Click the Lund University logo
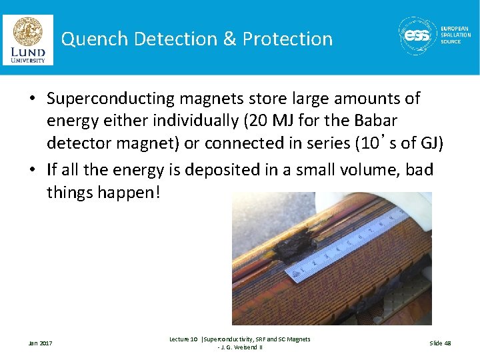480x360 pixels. click(27, 39)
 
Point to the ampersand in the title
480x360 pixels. click(229, 39)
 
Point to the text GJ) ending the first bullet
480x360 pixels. click(429, 143)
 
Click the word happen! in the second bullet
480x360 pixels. click(133, 193)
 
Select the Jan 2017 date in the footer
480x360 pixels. click(40, 343)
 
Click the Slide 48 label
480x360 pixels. click(440, 343)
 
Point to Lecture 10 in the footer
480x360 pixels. click(183, 339)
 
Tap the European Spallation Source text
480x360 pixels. click(455, 35)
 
